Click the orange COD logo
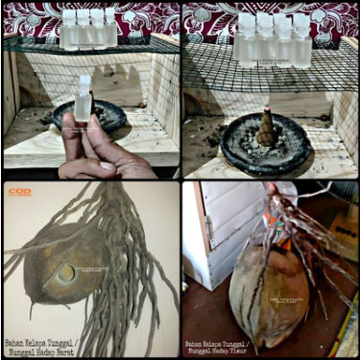pyautogui.click(x=20, y=191)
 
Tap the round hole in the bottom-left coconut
pyautogui.click(x=66, y=274)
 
